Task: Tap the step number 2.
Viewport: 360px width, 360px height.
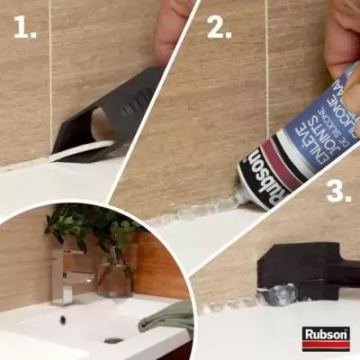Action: pyautogui.click(x=220, y=29)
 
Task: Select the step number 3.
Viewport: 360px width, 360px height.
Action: pyautogui.click(x=337, y=191)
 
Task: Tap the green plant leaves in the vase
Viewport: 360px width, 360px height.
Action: pyautogui.click(x=90, y=225)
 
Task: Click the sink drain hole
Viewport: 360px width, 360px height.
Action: pyautogui.click(x=113, y=340)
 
